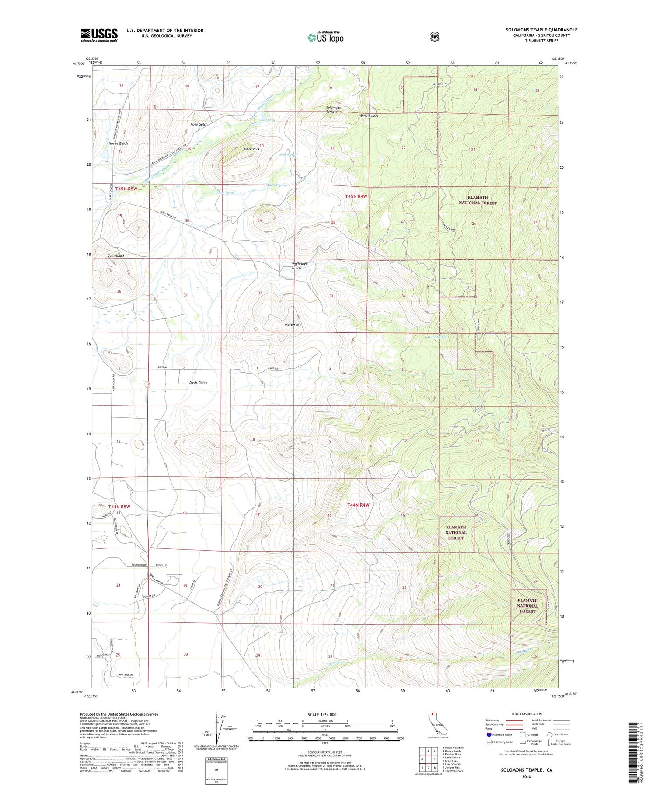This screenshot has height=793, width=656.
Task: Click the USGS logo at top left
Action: [x=99, y=35]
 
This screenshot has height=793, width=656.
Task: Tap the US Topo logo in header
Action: [x=325, y=37]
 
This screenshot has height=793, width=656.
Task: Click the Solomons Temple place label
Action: [x=333, y=109]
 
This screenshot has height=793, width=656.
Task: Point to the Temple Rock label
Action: [x=369, y=116]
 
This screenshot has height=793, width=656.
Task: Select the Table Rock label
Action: [x=251, y=149]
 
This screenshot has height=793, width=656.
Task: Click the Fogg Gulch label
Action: [x=199, y=124]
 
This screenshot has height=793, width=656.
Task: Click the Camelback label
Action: [x=116, y=255]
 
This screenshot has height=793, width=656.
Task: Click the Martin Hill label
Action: [x=293, y=325]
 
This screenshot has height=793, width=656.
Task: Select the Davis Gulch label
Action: [x=198, y=383]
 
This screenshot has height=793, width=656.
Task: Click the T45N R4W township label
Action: [x=357, y=197]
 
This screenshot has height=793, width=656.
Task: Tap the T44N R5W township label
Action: [x=113, y=507]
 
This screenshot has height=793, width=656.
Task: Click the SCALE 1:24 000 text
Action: [x=322, y=714]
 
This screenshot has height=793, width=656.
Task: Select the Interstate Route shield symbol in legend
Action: [x=489, y=734]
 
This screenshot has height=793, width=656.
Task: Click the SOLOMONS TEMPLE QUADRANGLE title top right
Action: [x=541, y=30]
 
